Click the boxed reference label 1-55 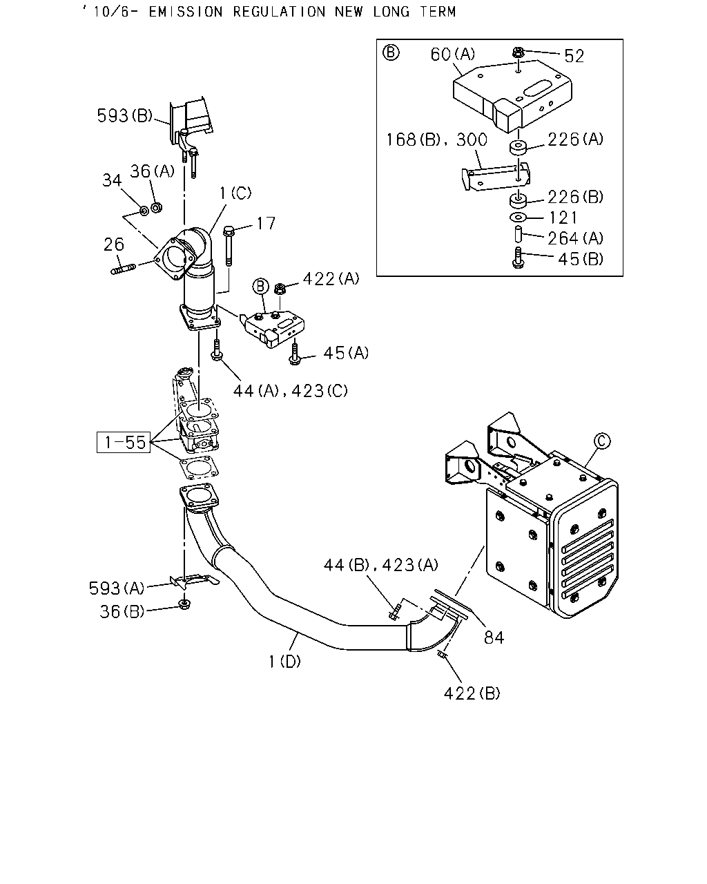click(x=124, y=443)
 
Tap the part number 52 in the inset click(x=574, y=56)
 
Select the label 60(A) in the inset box click(x=452, y=55)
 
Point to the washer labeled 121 click(x=519, y=217)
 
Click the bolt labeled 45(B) click(x=518, y=258)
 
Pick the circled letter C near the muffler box click(x=602, y=441)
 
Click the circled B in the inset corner click(x=390, y=53)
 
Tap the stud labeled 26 click(x=124, y=269)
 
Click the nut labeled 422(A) click(x=280, y=289)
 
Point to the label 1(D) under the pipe click(x=284, y=662)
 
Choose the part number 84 click(x=494, y=637)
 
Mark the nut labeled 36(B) click(x=184, y=604)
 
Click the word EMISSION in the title click(x=186, y=12)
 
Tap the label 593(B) click(x=124, y=115)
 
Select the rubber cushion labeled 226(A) click(x=519, y=148)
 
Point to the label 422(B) click(x=472, y=693)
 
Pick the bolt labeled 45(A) click(x=294, y=354)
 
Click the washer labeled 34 click(x=144, y=211)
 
